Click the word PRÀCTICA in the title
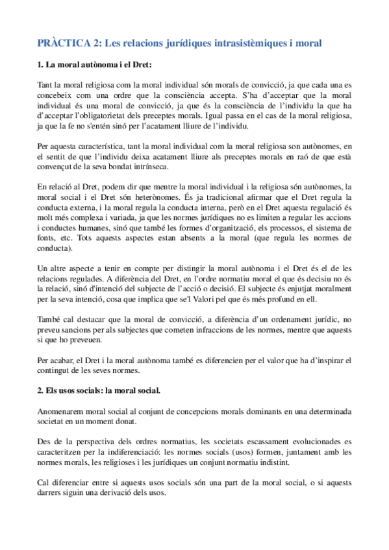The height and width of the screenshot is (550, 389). [64, 43]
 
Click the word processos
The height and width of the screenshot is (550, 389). [273, 228]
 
